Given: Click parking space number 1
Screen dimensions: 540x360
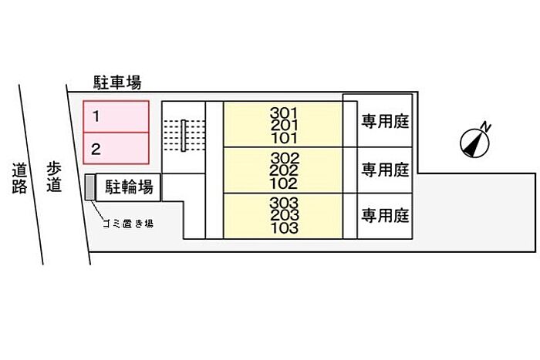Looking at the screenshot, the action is [x=116, y=116].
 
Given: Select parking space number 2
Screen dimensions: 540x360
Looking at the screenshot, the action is [x=116, y=148].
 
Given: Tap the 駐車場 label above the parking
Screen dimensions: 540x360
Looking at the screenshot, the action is [x=117, y=82].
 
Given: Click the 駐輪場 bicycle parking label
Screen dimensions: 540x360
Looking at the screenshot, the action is [x=129, y=187].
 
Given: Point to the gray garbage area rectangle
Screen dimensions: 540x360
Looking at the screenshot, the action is [x=90, y=187].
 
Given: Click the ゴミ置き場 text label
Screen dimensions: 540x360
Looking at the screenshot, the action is [x=128, y=224].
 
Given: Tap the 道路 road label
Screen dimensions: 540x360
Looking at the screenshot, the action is [x=19, y=178].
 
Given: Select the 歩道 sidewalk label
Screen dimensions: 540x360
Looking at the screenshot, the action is [x=54, y=177].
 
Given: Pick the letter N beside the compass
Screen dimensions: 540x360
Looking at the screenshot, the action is [x=485, y=127].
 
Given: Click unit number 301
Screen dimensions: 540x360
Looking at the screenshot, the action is [x=283, y=113].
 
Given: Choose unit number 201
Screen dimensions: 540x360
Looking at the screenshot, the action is [x=284, y=126].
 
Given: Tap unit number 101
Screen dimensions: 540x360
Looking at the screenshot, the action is [x=284, y=138].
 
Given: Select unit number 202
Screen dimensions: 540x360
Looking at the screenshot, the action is [x=284, y=170].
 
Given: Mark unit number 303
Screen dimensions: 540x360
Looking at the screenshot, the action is [x=284, y=203].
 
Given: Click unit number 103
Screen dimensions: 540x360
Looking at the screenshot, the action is [x=284, y=228].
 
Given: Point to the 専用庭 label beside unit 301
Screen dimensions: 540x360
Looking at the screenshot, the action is [x=385, y=122].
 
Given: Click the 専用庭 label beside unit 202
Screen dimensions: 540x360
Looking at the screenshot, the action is [x=385, y=170].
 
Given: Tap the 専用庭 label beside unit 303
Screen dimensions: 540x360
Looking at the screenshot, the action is [x=385, y=216].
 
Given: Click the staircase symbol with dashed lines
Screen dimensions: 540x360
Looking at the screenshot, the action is [x=184, y=135].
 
